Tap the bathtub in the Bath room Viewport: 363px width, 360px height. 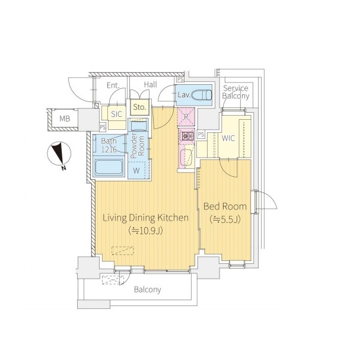(x=109, y=167)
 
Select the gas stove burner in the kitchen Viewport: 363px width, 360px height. (x=187, y=136)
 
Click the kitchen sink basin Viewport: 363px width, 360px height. (x=187, y=157)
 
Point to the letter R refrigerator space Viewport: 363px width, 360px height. (x=186, y=117)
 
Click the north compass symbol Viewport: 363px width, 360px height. (x=59, y=155)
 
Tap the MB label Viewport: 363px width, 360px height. (x=65, y=119)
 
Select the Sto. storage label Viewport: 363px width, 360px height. (x=139, y=107)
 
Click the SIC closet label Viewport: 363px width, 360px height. (x=116, y=114)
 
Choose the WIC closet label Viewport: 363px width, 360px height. (x=228, y=138)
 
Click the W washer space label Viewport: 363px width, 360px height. (x=136, y=171)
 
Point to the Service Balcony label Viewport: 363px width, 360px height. (x=235, y=92)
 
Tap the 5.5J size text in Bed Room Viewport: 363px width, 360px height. (x=225, y=219)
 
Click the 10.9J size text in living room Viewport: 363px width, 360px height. (x=146, y=231)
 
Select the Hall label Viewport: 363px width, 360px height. (x=151, y=85)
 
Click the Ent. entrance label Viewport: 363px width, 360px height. (x=113, y=85)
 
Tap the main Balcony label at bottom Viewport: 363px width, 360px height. (x=148, y=289)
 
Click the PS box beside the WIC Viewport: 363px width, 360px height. (x=201, y=135)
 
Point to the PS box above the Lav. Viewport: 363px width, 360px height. (x=180, y=79)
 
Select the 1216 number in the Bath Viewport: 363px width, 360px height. (x=109, y=149)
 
